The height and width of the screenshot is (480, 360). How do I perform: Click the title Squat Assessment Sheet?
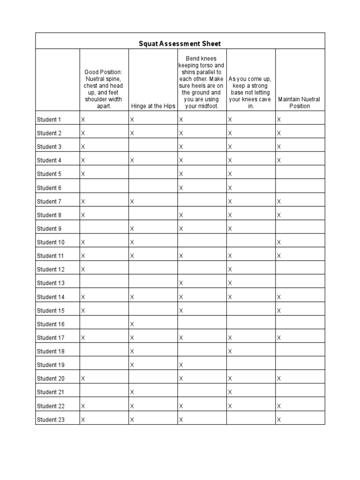180,44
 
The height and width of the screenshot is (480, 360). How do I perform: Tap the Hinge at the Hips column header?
153,106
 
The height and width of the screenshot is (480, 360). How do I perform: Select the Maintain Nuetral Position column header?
300,103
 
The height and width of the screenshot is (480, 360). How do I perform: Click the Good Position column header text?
103,89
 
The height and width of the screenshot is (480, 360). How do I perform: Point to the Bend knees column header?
202,82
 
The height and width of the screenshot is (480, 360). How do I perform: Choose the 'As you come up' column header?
250,92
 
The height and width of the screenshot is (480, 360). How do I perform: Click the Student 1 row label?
49,120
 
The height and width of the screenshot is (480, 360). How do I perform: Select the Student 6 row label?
49,188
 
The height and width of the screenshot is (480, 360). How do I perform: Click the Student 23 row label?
51,420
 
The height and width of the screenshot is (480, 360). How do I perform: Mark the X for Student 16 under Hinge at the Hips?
132,324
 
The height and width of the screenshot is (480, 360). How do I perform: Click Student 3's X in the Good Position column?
83,147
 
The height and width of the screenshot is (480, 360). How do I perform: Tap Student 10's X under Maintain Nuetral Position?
279,242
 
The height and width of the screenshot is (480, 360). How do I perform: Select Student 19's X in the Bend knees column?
181,365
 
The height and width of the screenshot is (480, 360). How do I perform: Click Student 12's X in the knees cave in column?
230,270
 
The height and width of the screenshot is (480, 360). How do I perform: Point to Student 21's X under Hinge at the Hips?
132,392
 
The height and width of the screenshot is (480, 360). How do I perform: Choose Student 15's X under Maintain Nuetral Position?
279,310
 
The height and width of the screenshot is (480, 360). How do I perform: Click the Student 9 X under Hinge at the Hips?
132,229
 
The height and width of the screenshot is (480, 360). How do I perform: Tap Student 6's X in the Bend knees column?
181,188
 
